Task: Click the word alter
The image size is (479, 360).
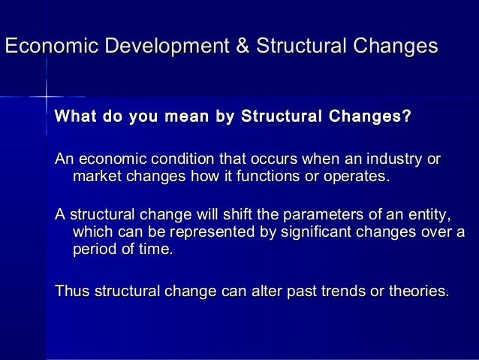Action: pyautogui.click(x=259, y=289)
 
